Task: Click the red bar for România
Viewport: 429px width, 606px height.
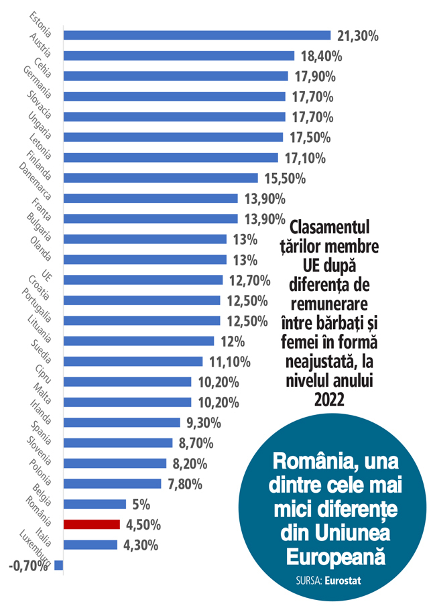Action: point(91,524)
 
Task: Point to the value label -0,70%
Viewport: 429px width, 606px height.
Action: point(29,566)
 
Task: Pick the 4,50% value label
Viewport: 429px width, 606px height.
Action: point(143,524)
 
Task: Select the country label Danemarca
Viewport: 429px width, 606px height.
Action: point(34,180)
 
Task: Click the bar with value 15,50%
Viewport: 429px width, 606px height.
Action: point(160,178)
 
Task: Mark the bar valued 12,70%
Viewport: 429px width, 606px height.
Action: point(143,280)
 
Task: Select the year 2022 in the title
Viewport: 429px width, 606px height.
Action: point(328,400)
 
